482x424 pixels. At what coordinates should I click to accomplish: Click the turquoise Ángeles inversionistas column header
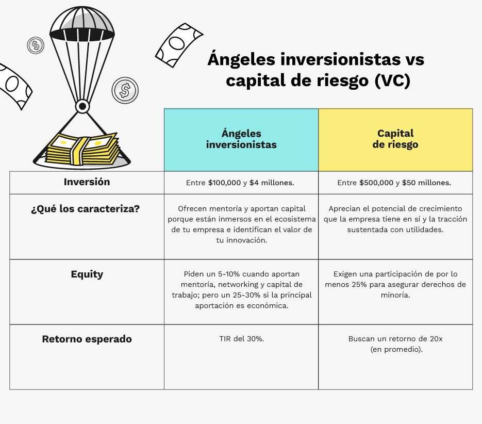coord(241,140)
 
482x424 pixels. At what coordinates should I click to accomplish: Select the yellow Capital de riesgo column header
coord(395,140)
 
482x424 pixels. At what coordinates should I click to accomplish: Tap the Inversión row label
coord(87,182)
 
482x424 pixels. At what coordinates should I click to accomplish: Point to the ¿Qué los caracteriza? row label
coord(86,208)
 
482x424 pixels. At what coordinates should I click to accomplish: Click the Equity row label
coord(87,274)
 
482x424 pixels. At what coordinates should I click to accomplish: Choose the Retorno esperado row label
coord(87,339)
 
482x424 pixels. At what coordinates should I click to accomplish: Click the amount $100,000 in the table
coord(224,183)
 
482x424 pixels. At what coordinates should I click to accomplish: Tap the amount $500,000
coord(376,183)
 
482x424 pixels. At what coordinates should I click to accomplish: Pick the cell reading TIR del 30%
coord(242,339)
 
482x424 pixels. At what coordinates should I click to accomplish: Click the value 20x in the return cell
coord(436,339)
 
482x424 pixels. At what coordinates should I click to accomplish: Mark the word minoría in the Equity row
coord(395,295)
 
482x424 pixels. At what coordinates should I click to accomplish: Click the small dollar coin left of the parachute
coord(36,45)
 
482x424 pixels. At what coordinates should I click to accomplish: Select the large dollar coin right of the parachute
coord(125,90)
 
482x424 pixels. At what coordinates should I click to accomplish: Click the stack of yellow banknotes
coord(82,149)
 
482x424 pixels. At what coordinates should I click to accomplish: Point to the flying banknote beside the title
coord(179,45)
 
